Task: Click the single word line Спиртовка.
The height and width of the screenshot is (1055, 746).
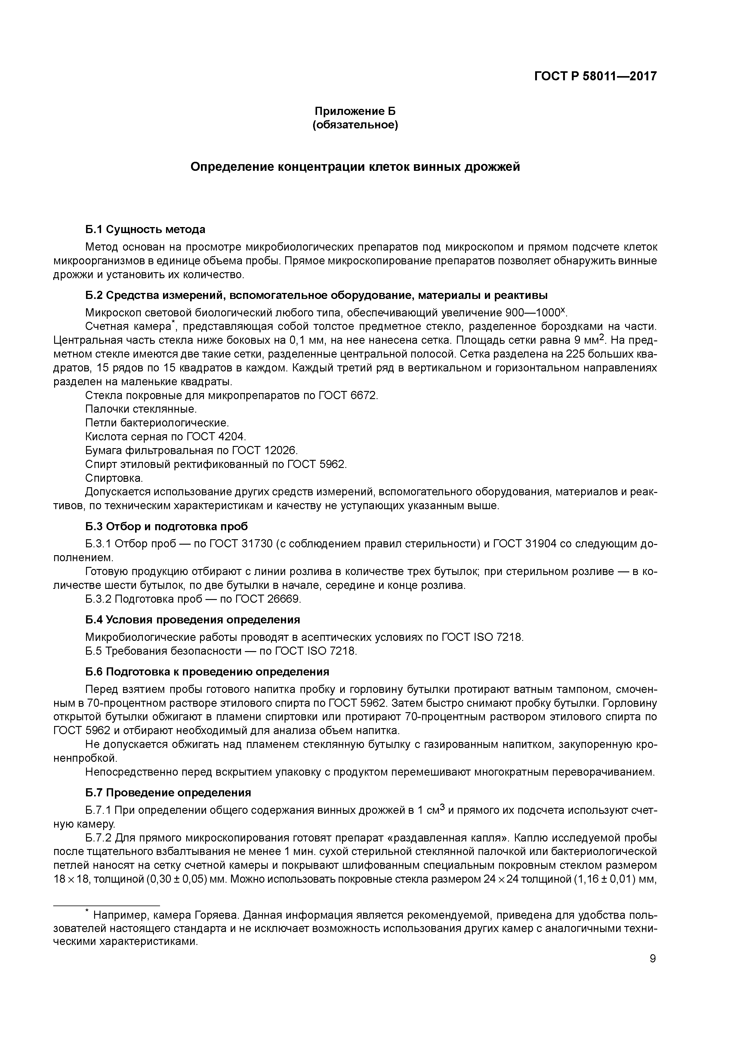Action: (114, 478)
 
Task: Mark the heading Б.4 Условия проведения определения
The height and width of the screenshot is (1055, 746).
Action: (193, 620)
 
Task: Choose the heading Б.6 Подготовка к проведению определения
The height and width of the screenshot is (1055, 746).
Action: (207, 672)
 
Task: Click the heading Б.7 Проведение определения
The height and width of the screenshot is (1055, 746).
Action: (168, 793)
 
